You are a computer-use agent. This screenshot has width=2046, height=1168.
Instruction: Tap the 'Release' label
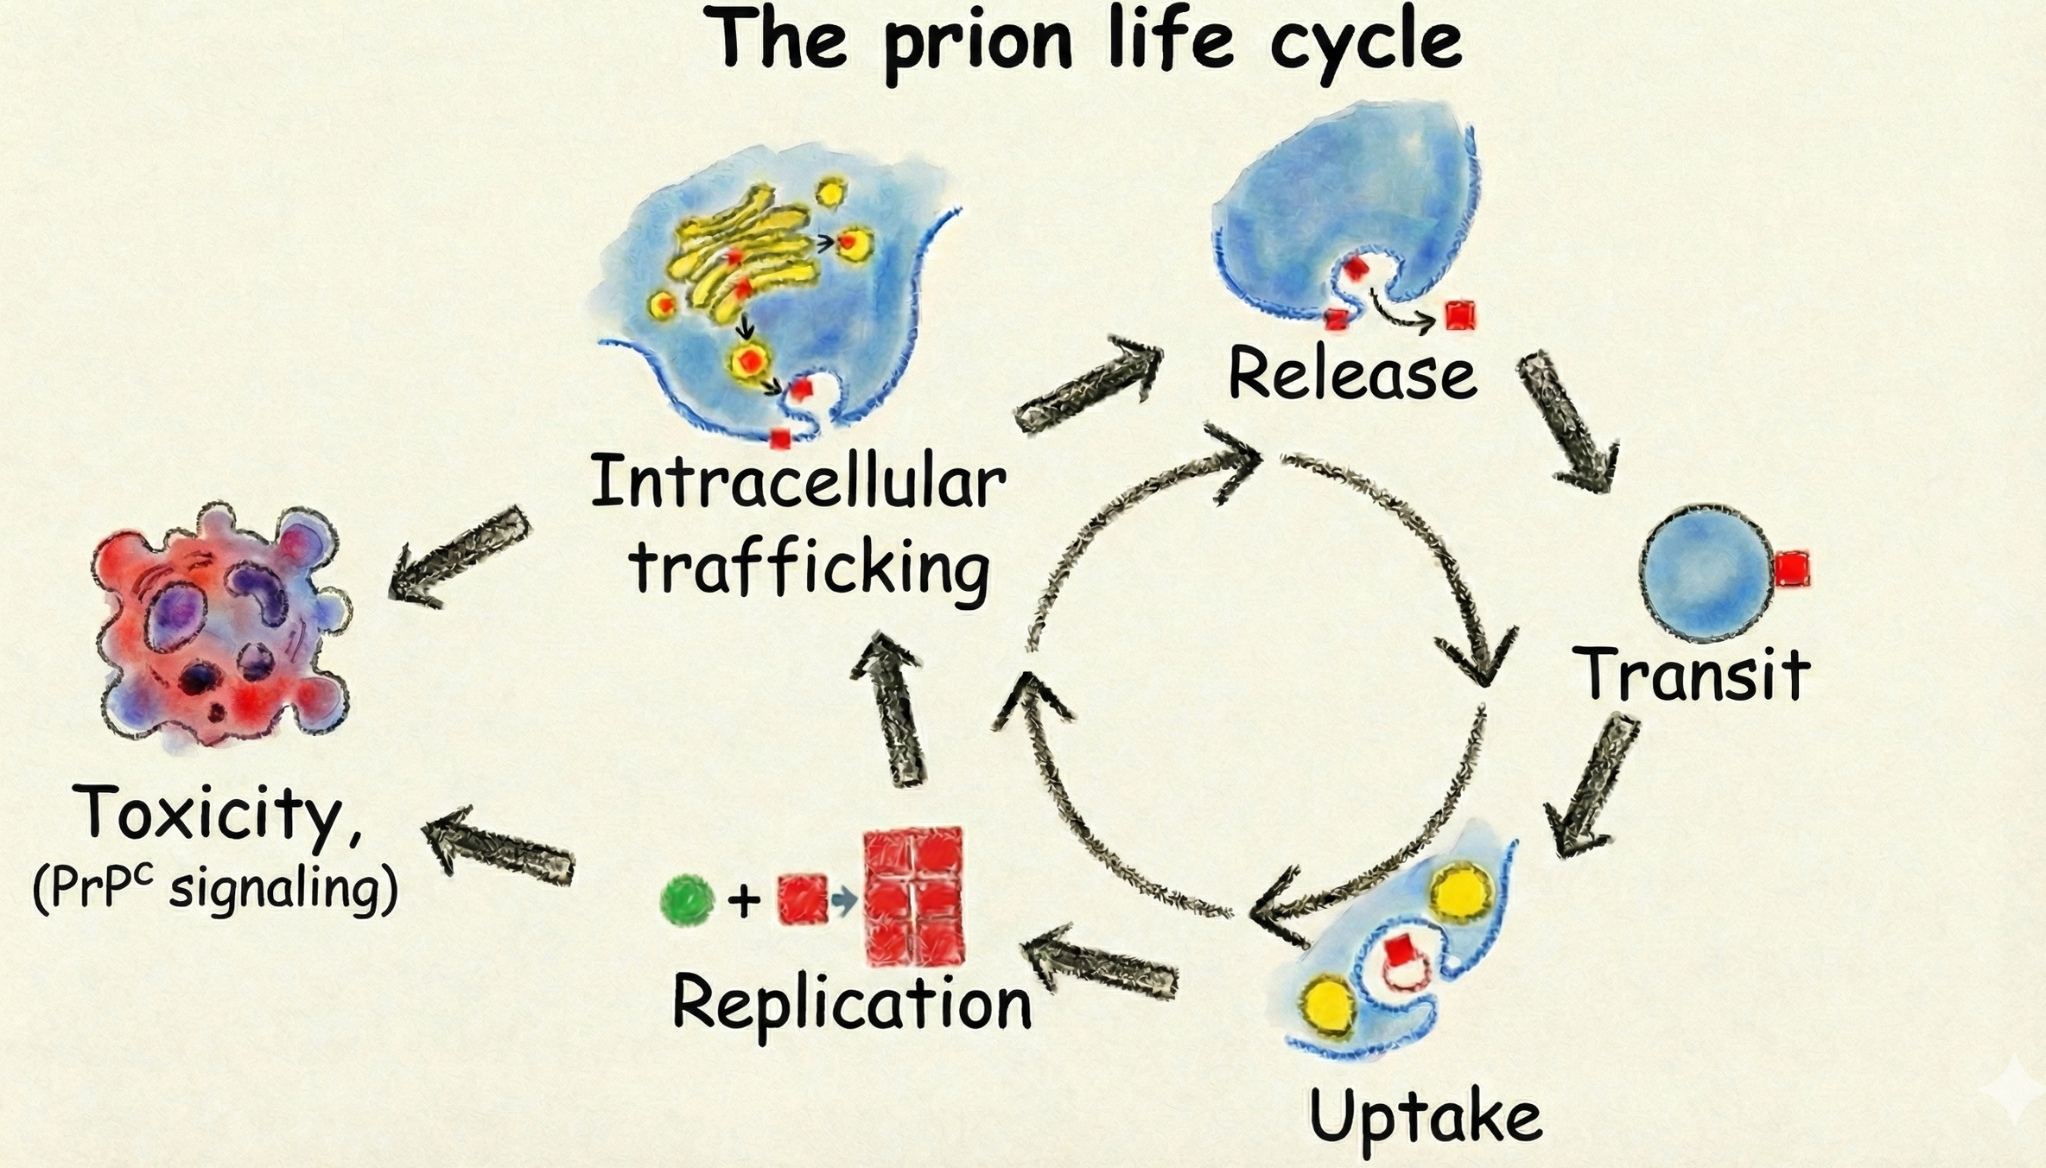(x=1352, y=374)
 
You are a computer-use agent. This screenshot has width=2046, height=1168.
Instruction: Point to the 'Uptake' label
(x=1426, y=1117)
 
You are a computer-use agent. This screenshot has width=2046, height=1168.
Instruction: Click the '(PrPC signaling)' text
(x=216, y=890)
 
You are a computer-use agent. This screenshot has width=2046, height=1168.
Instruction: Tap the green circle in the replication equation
(x=687, y=900)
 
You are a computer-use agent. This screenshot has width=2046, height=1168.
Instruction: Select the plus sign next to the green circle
(x=744, y=901)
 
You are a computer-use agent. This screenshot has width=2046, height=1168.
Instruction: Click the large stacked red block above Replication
(x=914, y=897)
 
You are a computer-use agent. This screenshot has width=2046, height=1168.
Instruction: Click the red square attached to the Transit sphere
(x=1792, y=570)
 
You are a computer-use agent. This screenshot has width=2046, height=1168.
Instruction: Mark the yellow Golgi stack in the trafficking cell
(x=743, y=255)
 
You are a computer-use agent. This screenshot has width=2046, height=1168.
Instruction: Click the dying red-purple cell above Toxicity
(x=220, y=626)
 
